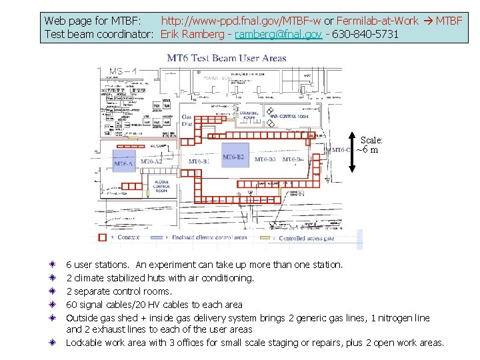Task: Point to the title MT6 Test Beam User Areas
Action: pyautogui.click(x=226, y=58)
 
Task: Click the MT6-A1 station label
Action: pyautogui.click(x=125, y=163)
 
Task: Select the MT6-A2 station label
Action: pyautogui.click(x=152, y=161)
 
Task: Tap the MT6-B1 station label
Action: pyautogui.click(x=199, y=161)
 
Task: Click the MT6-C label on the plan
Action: pyautogui.click(x=341, y=150)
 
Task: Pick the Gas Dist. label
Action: pyautogui.click(x=187, y=121)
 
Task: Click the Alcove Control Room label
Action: pyautogui.click(x=161, y=187)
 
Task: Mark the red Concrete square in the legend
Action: pyautogui.click(x=102, y=237)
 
